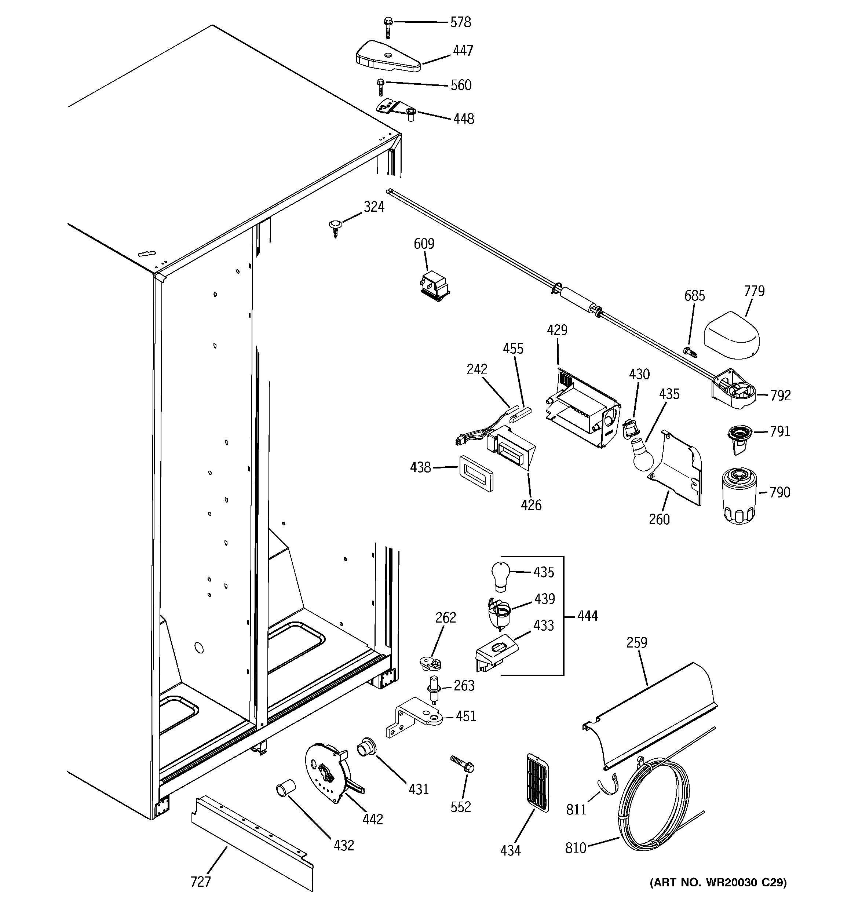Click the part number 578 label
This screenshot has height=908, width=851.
[x=460, y=22]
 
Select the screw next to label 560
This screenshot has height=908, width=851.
[x=380, y=87]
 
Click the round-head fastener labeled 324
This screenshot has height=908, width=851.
[x=335, y=227]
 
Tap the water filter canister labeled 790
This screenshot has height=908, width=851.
[x=739, y=496]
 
